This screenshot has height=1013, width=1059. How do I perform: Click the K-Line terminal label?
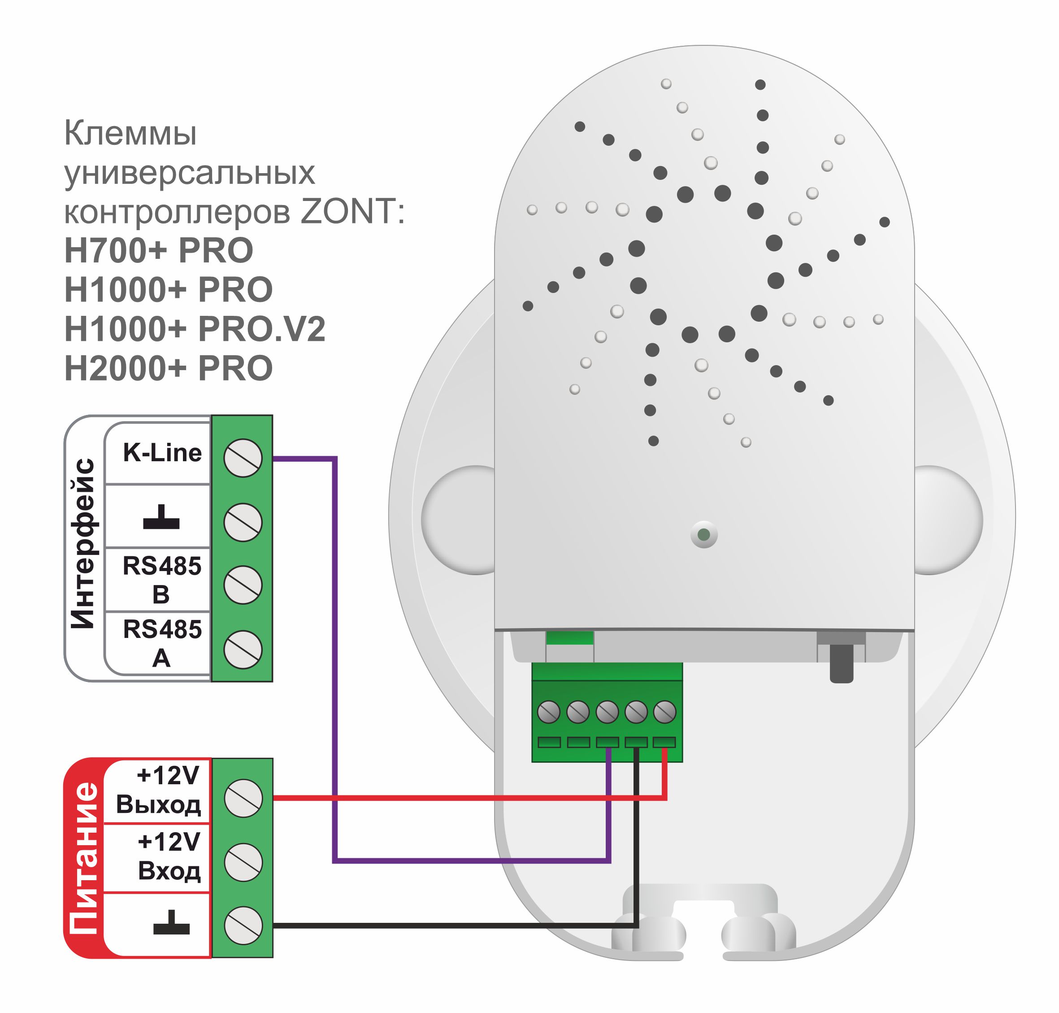point(162,453)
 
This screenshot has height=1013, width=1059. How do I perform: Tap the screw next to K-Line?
point(243,458)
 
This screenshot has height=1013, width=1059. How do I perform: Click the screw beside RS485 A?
point(243,649)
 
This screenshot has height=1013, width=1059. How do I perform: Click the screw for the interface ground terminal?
point(243,522)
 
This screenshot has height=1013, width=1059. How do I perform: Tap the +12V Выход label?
point(159,790)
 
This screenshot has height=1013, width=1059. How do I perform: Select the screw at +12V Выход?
point(243,798)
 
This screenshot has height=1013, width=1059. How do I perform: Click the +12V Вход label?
point(169,856)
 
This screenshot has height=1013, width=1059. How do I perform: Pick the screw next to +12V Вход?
point(243,862)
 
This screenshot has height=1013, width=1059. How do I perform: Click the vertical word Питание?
point(84,858)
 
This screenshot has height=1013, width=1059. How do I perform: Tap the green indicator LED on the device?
point(704,535)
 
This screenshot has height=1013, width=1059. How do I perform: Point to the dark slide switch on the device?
point(841,663)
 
